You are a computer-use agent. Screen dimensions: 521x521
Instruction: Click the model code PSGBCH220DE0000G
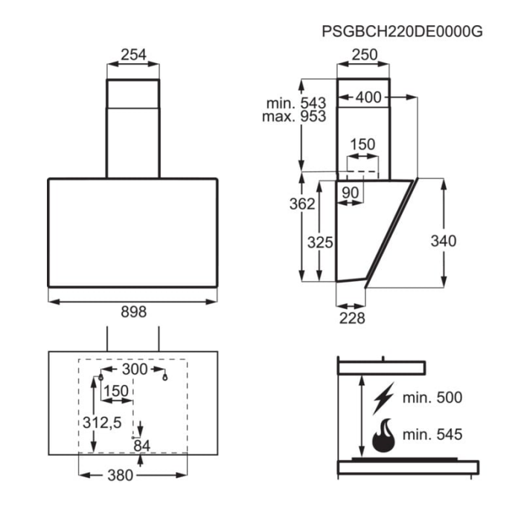click(402, 31)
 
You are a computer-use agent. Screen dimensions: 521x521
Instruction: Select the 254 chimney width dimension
click(133, 54)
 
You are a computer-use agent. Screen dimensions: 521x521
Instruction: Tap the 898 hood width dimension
click(133, 311)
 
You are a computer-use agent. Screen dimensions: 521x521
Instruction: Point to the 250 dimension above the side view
click(365, 54)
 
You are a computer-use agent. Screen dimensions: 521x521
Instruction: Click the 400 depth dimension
click(368, 97)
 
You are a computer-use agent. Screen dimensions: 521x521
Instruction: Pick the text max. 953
click(294, 116)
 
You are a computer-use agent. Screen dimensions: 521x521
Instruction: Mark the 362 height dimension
click(302, 204)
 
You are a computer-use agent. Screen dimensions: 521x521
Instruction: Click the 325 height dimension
click(320, 242)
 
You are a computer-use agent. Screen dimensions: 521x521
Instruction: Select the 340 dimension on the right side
click(444, 241)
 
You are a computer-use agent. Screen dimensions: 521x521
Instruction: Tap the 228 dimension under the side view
click(352, 318)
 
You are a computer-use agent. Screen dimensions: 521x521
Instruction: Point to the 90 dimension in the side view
click(351, 192)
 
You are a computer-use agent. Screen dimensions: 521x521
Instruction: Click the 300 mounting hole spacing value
click(135, 369)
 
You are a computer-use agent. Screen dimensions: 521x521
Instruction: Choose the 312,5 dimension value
click(102, 423)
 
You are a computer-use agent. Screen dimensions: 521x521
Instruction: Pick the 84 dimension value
click(142, 446)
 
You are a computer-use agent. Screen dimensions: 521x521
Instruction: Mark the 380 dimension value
click(120, 475)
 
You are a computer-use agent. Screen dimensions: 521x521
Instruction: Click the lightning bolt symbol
click(383, 398)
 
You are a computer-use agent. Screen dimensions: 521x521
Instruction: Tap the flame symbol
click(384, 436)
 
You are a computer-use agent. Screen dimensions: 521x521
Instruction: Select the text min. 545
click(432, 434)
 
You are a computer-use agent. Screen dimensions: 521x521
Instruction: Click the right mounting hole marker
click(164, 377)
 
